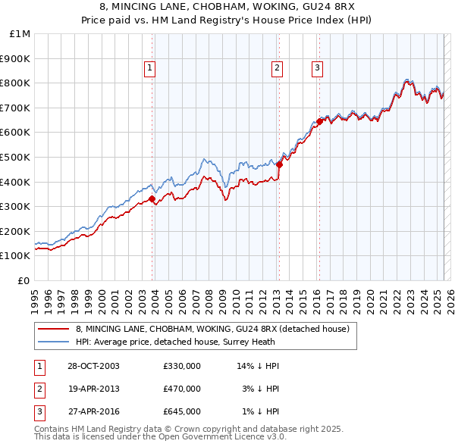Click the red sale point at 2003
point(152,198)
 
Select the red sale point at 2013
point(279,164)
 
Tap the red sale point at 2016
point(319,120)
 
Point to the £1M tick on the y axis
point(20,34)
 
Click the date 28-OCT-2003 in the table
point(93,366)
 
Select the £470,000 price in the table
point(182,389)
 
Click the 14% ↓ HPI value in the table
point(259,366)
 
